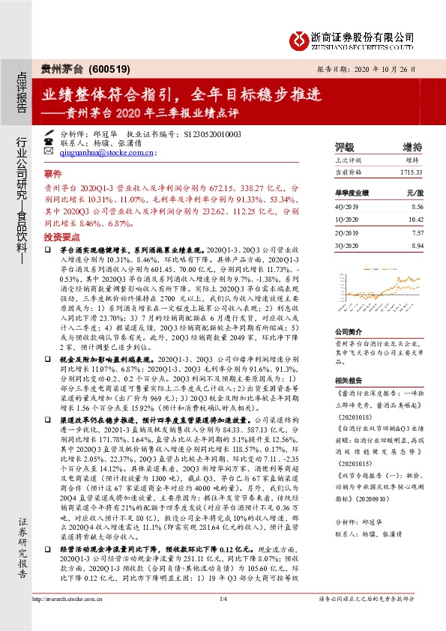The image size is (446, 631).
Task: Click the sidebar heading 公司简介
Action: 349,330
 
